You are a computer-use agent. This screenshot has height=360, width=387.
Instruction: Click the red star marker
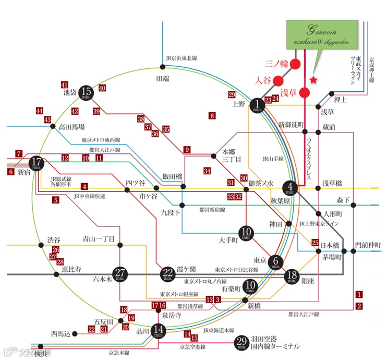pos(313,80)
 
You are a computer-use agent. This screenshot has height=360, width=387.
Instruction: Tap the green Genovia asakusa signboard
pos(322,35)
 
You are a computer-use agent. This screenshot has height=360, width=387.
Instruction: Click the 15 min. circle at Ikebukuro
pos(87,93)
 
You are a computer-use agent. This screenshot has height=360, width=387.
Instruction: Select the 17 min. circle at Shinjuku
pos(36,163)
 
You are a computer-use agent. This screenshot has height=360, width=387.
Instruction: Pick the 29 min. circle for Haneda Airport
pos(241,342)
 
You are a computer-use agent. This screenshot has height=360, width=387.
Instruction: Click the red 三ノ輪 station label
pos(276,64)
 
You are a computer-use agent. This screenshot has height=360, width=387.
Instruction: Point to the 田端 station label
pos(163,78)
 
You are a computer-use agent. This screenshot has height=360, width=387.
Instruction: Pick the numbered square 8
pos(212,116)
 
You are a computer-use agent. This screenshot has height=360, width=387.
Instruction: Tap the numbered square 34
pos(207,171)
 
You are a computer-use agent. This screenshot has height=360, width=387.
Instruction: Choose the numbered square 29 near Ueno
pos(232,94)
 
